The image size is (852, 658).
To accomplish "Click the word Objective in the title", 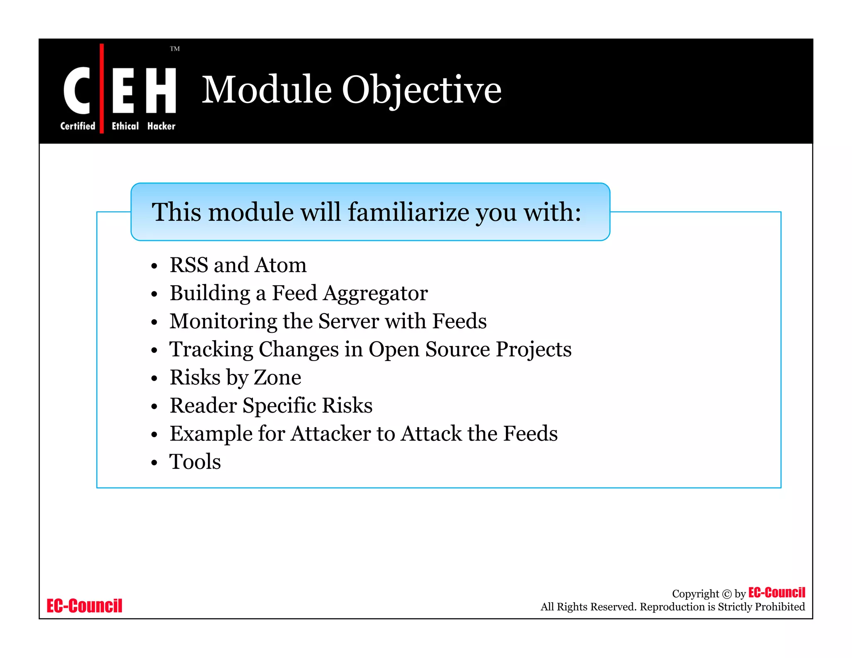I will tap(421, 90).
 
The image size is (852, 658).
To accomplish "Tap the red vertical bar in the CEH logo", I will tap(102, 88).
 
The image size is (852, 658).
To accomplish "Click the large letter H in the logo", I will tap(161, 90).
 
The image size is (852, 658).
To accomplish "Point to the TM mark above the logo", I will tap(175, 49).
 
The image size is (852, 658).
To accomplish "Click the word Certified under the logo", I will tap(77, 126).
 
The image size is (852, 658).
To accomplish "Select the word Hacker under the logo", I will tap(161, 126).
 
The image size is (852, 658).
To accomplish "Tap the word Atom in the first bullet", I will tap(281, 265).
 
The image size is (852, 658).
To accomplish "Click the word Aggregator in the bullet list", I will tap(375, 294).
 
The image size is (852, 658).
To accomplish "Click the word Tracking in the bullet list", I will tap(211, 349).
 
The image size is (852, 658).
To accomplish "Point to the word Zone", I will tap(277, 378).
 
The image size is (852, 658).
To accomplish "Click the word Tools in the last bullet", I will tap(195, 462).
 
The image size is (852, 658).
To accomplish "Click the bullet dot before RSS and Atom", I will tap(154, 266).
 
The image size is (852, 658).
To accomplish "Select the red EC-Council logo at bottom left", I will tap(84, 606).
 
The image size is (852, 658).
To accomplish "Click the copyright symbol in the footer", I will tap(726, 594).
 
